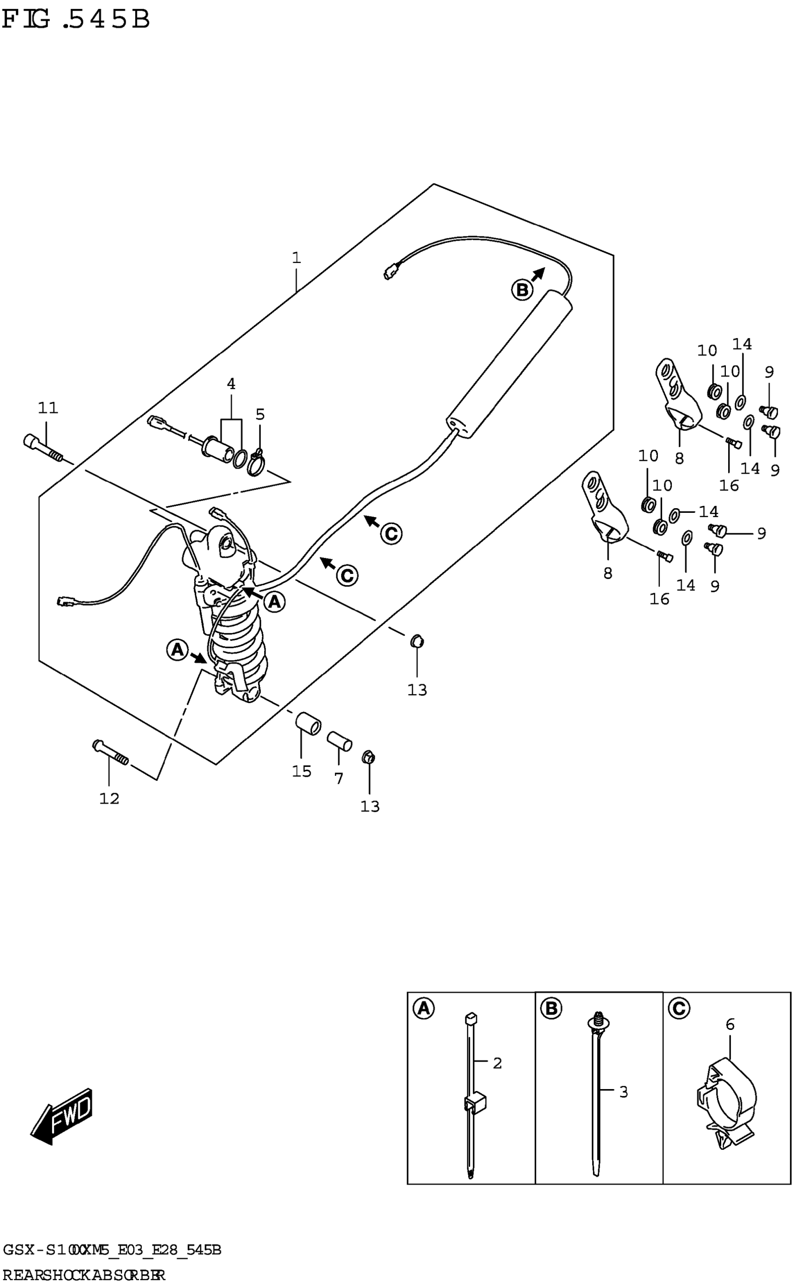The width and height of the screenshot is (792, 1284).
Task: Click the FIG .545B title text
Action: point(76,20)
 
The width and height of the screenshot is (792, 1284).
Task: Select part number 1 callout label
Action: point(296,258)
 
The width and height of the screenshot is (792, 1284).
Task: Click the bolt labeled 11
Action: point(42,448)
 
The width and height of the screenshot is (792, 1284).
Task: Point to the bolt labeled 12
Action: point(110,753)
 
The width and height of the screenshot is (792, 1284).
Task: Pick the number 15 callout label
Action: point(302,772)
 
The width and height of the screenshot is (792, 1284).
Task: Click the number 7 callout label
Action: point(339,779)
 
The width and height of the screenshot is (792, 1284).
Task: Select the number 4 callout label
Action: point(231,384)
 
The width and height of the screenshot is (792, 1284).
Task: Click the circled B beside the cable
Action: point(522,290)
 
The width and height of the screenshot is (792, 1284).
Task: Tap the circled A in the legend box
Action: point(424,1008)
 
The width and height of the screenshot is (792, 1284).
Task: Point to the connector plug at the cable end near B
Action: point(391,272)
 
